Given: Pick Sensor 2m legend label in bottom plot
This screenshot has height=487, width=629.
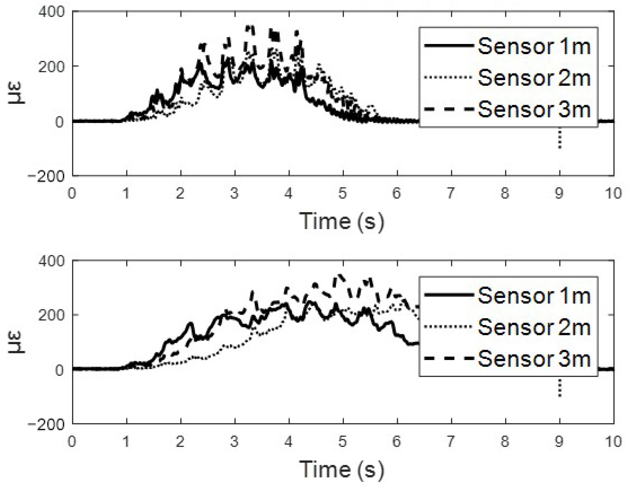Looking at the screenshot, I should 534,327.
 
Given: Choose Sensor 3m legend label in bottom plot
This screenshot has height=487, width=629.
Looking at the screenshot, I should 534,359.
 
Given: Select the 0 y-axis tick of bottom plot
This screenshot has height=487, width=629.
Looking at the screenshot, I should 59,370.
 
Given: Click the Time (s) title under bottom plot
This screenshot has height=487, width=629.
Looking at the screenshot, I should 342,469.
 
